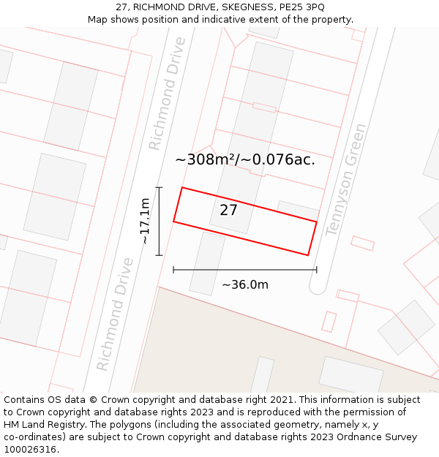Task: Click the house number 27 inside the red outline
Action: (228, 211)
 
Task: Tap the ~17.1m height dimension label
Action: (145, 221)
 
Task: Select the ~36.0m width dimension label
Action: (245, 285)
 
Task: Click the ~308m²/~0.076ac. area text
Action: (245, 159)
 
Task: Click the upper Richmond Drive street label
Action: (167, 94)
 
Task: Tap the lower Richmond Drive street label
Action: (115, 314)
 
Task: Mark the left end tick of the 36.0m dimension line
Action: (173, 270)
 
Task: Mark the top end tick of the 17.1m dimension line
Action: (159, 188)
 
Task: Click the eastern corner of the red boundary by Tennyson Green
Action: (317, 222)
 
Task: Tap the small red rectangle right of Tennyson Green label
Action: (362, 243)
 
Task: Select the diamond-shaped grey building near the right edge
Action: (406, 327)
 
